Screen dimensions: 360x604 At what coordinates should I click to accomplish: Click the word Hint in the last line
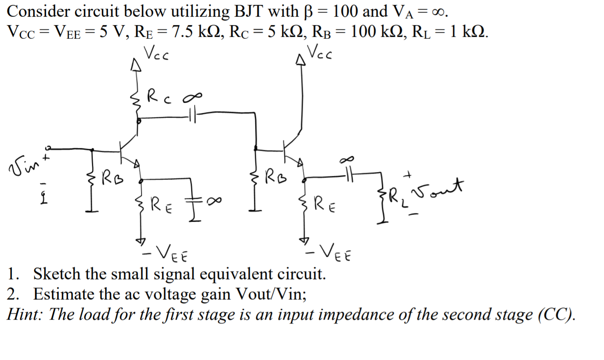25,314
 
